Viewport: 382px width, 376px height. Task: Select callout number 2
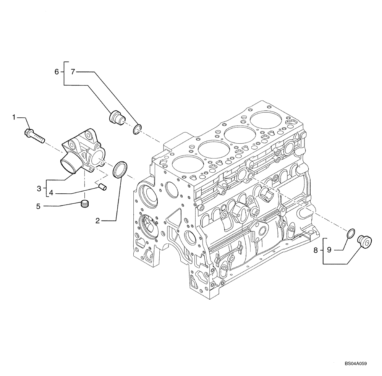(97, 220)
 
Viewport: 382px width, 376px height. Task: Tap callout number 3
(39, 188)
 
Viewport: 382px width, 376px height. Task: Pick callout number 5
(38, 206)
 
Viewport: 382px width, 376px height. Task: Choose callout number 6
(57, 71)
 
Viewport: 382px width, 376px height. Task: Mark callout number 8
(316, 250)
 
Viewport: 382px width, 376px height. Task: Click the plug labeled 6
(116, 118)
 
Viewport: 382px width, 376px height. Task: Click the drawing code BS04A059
(355, 365)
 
